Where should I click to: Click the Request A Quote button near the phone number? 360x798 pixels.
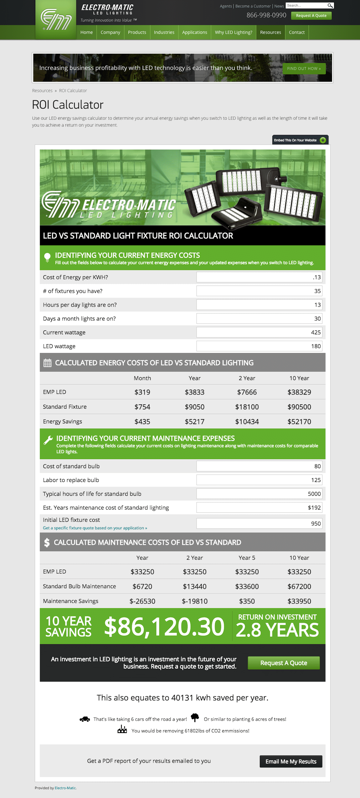coord(311,16)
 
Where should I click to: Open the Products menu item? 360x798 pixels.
coord(137,32)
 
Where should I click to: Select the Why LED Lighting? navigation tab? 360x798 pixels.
coord(233,32)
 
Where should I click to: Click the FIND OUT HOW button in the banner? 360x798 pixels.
coord(304,69)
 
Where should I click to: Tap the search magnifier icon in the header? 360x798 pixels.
coord(330,6)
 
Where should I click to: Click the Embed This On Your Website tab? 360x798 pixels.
coord(300,140)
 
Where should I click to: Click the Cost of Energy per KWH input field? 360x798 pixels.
coord(259,277)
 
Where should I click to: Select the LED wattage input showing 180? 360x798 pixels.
coord(259,346)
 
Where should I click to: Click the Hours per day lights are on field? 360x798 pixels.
coord(259,305)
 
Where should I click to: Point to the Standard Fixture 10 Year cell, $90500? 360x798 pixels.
coord(299,407)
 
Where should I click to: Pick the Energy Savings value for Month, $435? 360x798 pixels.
coord(142,422)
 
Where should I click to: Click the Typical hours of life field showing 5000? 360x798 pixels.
coord(259,494)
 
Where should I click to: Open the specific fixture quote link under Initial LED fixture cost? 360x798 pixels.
coord(95,528)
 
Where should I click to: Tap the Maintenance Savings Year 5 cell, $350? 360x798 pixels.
coord(247,601)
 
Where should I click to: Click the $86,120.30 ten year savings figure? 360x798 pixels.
coord(164,627)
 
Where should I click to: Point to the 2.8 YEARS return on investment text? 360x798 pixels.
coord(277,630)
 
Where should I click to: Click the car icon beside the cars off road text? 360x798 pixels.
coord(85,719)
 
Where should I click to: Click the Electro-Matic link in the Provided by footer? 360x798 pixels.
coord(65,788)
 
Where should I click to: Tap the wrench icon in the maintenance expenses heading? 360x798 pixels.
coord(48,440)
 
